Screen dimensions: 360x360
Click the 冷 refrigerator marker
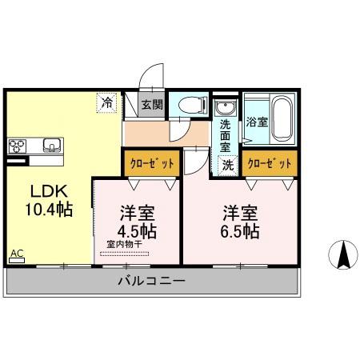pos(106,102)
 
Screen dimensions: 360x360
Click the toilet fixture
pos(189,106)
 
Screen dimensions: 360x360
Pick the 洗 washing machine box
pos(228,165)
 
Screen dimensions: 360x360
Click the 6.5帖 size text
pos(240,232)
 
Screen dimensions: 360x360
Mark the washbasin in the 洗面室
pos(225,108)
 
